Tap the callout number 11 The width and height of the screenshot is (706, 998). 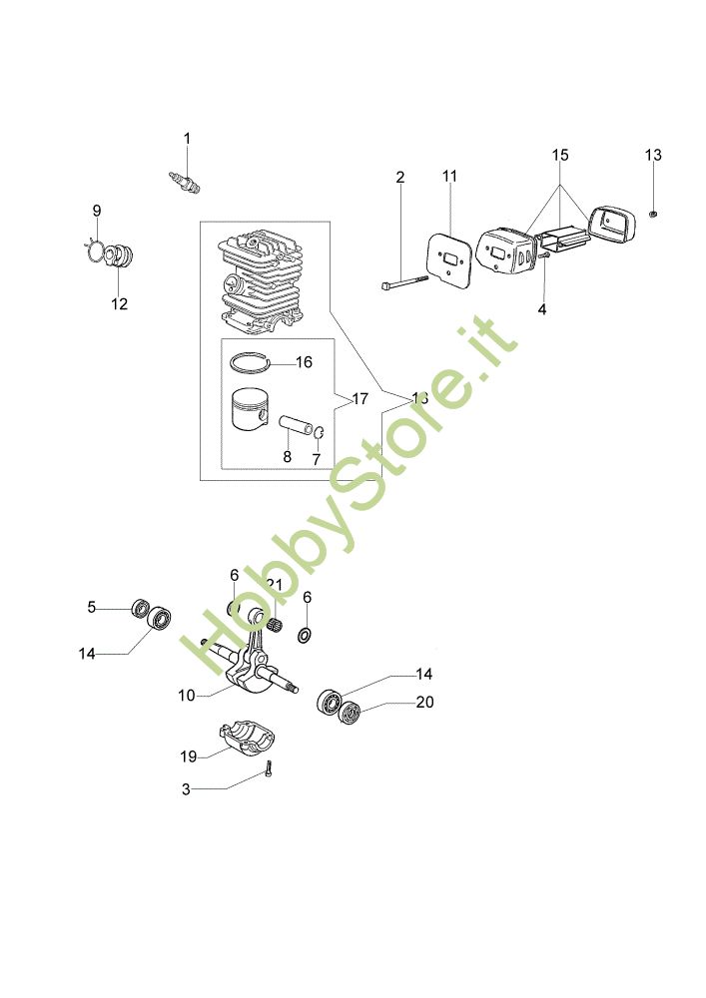(449, 177)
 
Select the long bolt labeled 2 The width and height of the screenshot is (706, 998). (404, 283)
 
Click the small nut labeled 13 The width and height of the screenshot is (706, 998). (651, 213)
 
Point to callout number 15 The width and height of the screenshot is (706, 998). (560, 155)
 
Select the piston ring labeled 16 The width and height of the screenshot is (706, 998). (250, 361)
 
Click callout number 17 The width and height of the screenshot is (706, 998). (360, 399)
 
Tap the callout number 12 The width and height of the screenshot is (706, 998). (119, 304)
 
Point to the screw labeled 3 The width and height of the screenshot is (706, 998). (269, 768)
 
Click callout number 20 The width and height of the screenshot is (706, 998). (424, 703)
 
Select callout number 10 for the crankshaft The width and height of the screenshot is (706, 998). (186, 696)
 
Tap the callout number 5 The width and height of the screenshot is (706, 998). (92, 606)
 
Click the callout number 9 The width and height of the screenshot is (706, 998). (97, 210)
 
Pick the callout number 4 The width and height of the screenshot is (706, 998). (542, 309)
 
